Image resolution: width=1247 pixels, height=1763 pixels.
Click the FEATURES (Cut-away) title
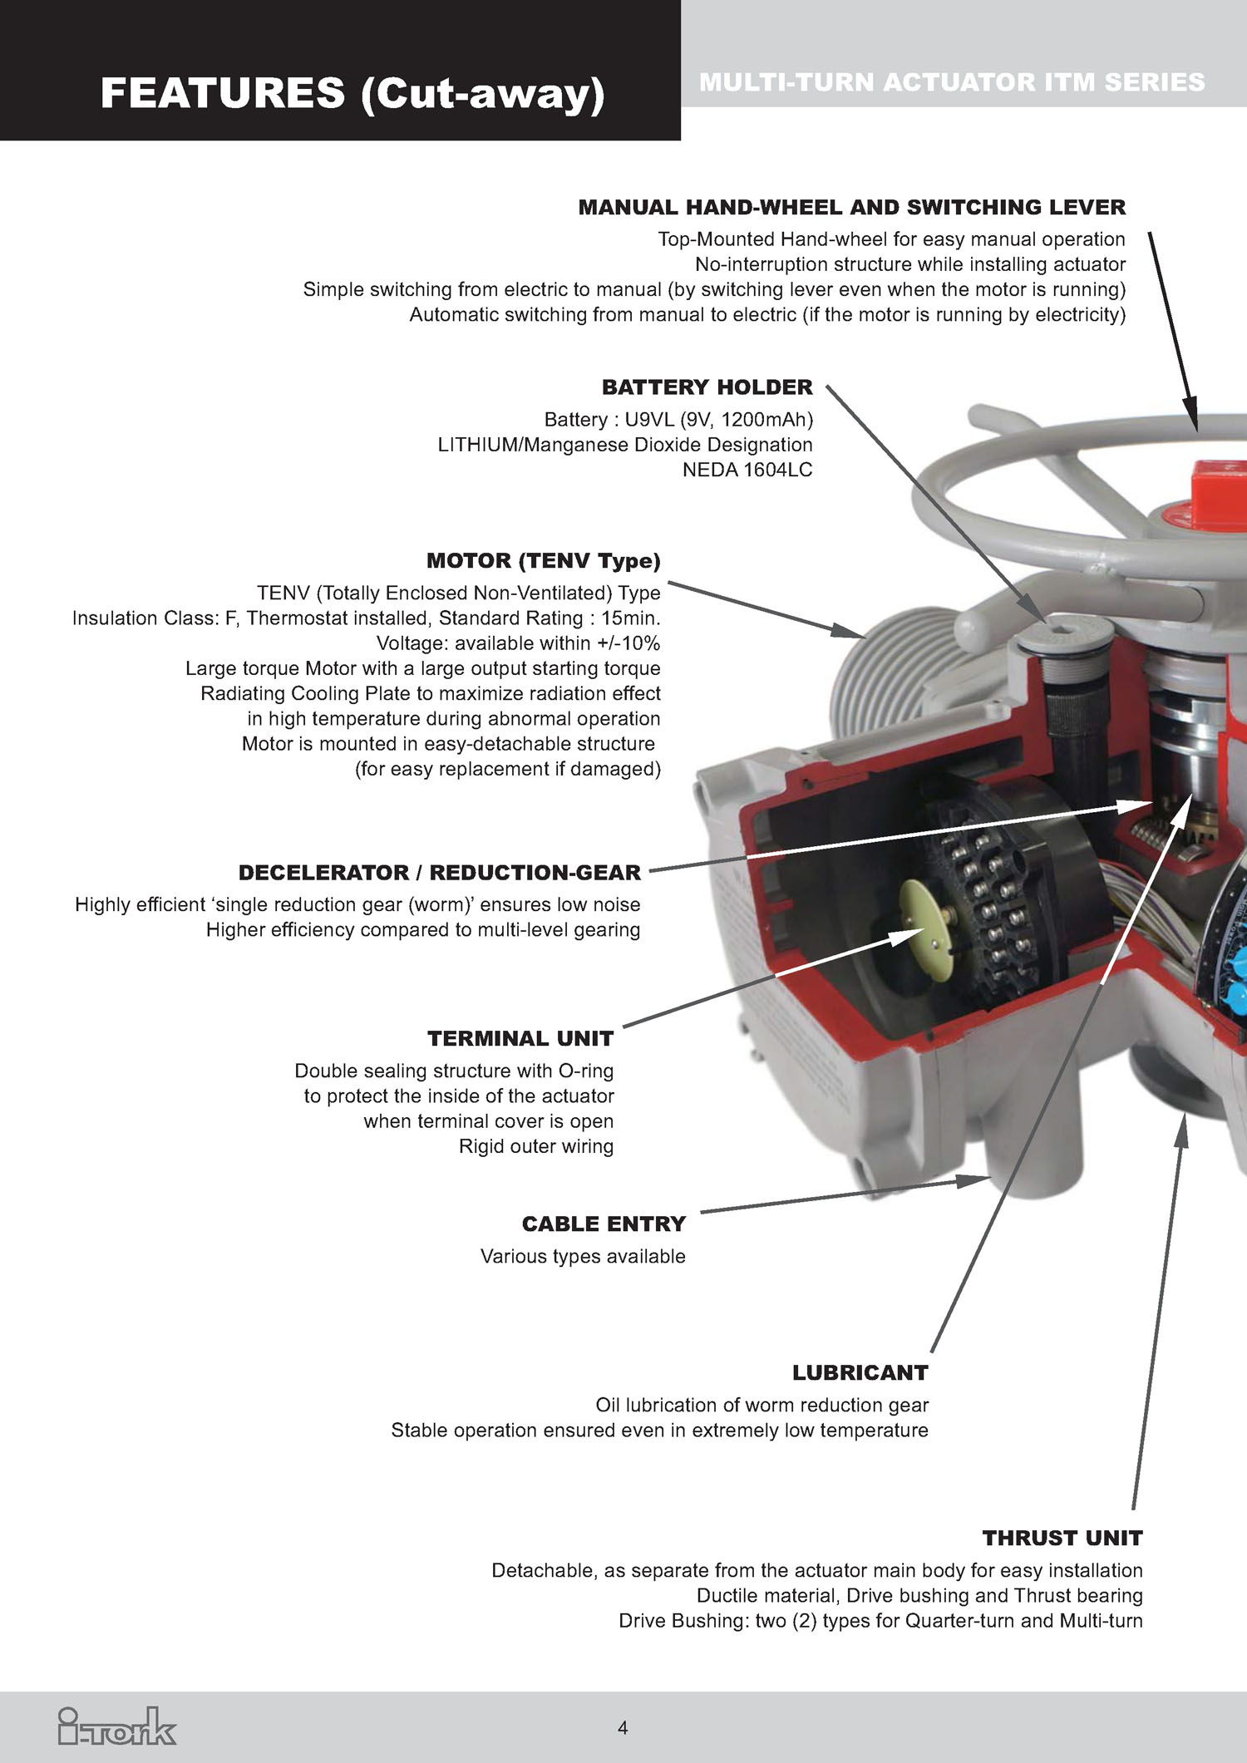coord(352,92)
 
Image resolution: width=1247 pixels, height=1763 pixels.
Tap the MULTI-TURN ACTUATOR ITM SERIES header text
coord(952,82)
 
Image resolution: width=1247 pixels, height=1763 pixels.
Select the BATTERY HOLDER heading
coord(707,387)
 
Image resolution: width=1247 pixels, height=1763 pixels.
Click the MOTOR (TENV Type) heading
coord(543,561)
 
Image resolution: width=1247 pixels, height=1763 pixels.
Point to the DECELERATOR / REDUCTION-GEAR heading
coord(439,873)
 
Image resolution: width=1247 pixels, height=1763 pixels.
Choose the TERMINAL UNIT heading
coord(520,1039)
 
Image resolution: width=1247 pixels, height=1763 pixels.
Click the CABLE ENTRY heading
coord(604,1224)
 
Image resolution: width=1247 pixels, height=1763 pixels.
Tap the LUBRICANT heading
coord(860,1373)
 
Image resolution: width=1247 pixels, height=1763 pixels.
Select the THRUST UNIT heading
coord(1062,1539)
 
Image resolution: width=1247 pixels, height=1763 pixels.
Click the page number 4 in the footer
coord(623,1728)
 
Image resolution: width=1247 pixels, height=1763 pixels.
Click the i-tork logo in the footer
coord(117,1726)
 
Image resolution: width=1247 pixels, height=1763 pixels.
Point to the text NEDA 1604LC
coord(747,470)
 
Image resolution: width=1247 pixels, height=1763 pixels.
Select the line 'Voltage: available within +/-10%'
coord(518,643)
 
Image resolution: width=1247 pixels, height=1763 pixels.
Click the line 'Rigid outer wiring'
coord(535,1147)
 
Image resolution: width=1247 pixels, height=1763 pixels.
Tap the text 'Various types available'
coord(582,1257)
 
